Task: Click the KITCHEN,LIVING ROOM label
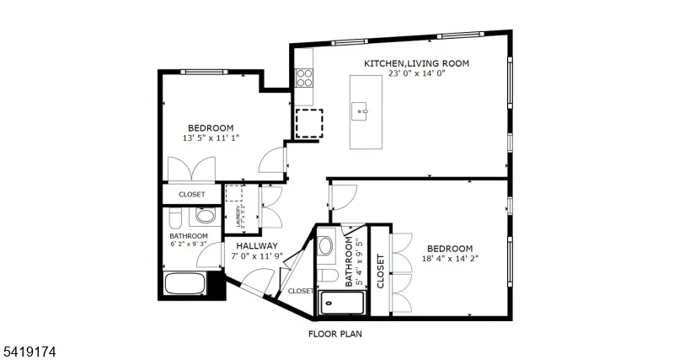click(x=416, y=63)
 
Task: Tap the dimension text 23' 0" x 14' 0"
click(x=416, y=74)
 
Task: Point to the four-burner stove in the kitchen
click(x=304, y=78)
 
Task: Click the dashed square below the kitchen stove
click(x=308, y=123)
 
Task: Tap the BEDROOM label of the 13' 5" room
click(x=210, y=128)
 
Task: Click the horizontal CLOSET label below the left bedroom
click(x=191, y=195)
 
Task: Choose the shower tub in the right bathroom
click(x=340, y=302)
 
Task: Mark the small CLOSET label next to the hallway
click(x=300, y=291)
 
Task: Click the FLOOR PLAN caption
click(x=334, y=333)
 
